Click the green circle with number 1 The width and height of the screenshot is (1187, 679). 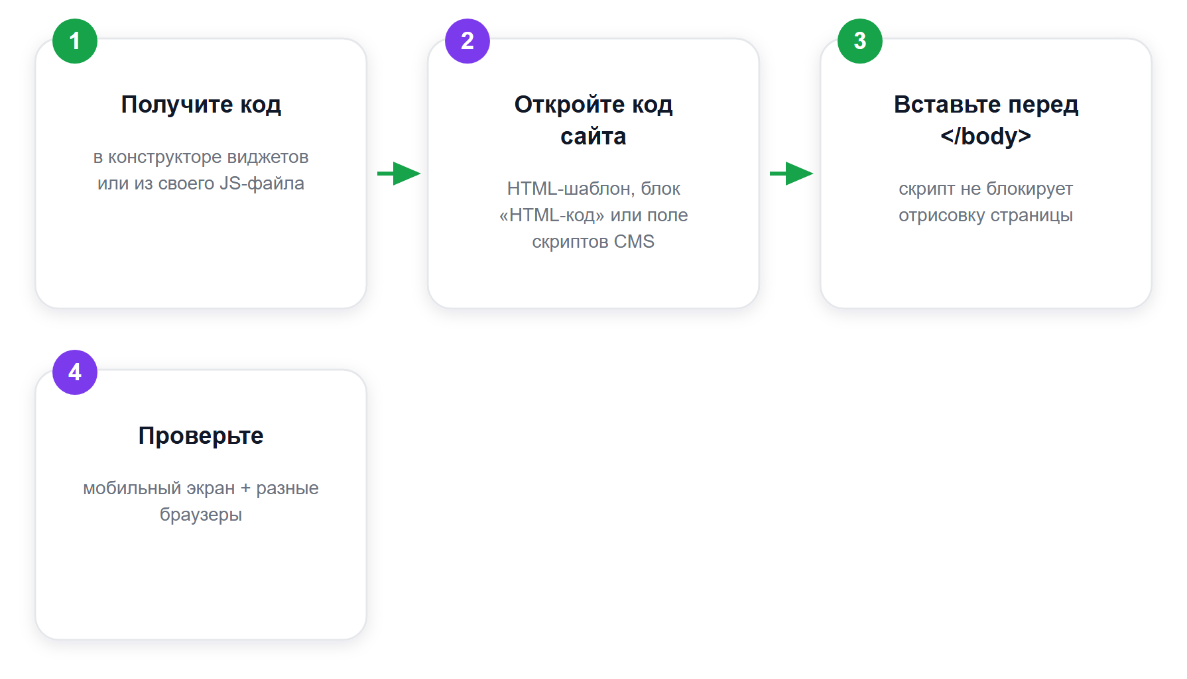75,41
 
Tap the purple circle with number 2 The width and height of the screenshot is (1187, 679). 468,41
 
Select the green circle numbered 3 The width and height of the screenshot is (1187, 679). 860,41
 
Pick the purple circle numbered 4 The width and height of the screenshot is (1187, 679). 75,372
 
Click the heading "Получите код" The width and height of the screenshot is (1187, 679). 201,105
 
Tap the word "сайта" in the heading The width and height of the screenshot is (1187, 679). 593,136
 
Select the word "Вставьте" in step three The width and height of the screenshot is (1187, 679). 947,105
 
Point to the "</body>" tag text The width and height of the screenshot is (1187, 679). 986,136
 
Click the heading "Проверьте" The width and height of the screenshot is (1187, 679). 201,436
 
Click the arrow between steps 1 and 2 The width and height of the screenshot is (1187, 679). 399,174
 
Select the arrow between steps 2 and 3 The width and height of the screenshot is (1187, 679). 792,174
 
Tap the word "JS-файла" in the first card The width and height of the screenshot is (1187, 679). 262,183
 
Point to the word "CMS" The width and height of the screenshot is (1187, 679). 634,242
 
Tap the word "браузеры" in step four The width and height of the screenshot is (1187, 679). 201,515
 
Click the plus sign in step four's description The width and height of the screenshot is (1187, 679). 245,488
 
